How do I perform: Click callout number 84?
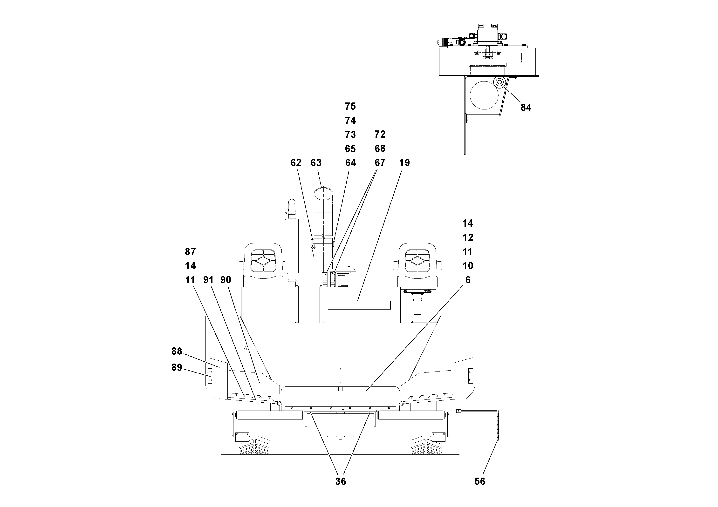click(526, 108)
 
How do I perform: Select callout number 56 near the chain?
click(480, 481)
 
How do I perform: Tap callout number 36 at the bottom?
click(341, 481)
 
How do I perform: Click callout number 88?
click(177, 351)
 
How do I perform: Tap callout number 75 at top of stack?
click(350, 106)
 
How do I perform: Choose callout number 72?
click(380, 135)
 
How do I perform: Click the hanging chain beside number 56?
click(498, 427)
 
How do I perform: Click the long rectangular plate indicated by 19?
click(359, 305)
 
